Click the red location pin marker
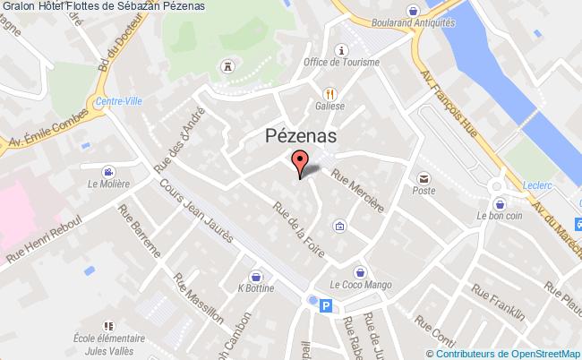click(299, 164)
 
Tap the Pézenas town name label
click(301, 135)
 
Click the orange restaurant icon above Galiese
click(330, 92)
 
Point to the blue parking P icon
click(326, 306)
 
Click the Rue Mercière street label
click(358, 191)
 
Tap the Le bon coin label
click(499, 216)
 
